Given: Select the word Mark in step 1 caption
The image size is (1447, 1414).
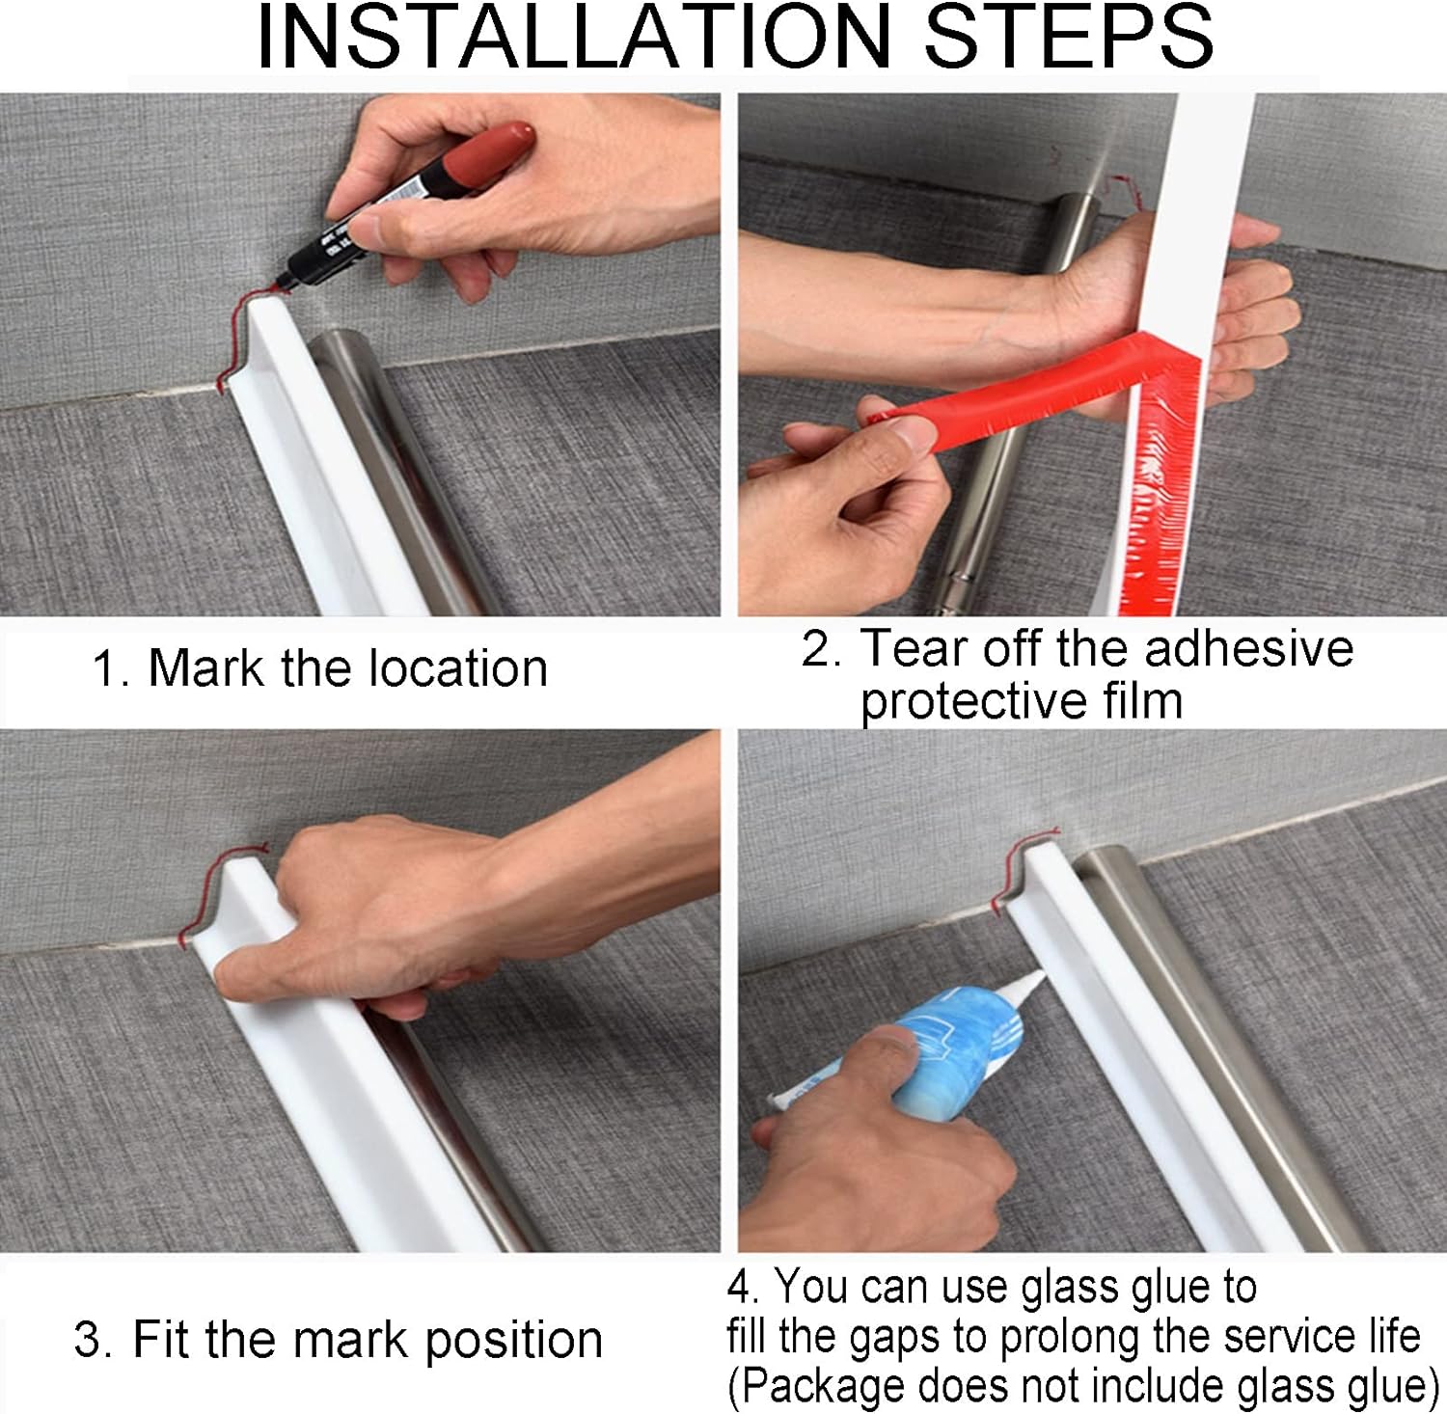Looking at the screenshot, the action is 205,667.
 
